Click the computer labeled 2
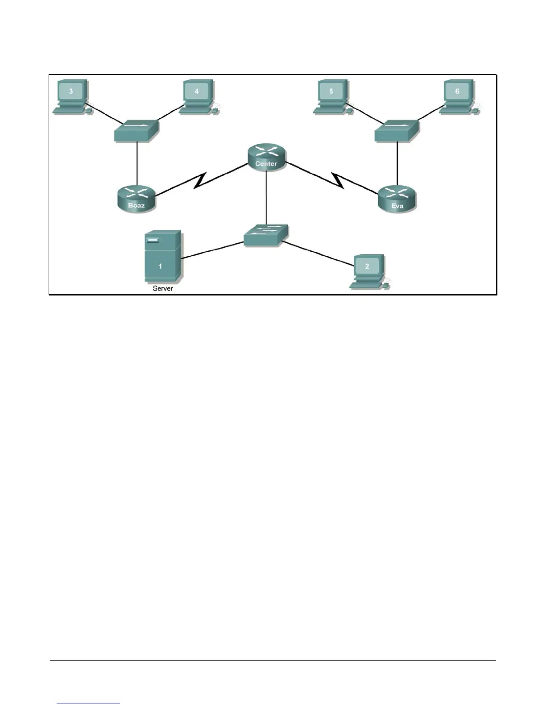368,270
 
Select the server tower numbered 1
162,257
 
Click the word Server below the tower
163,288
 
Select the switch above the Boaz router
136,130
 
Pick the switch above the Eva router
397,130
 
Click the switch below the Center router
266,235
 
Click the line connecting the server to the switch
212,250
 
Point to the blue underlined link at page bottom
88,703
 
